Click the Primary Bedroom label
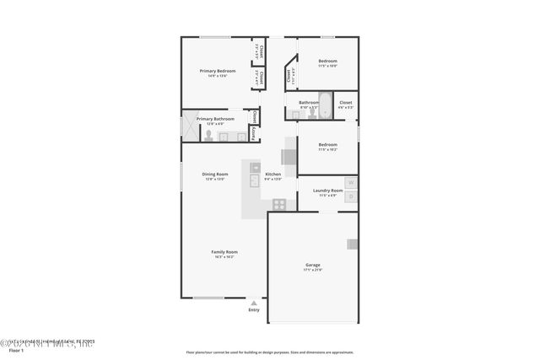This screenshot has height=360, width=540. click(217, 71)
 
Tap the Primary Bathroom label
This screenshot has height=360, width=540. click(215, 119)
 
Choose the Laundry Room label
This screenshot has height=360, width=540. click(327, 191)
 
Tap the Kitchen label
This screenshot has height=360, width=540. click(273, 174)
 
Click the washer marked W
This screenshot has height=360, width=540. click(351, 183)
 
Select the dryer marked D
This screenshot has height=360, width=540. click(351, 197)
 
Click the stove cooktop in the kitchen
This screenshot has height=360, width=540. click(278, 203)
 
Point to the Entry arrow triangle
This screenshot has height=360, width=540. click(253, 303)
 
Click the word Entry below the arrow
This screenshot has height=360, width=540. click(254, 310)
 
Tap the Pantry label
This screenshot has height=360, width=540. click(252, 132)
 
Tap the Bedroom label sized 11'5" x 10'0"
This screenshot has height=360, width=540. click(327, 62)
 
